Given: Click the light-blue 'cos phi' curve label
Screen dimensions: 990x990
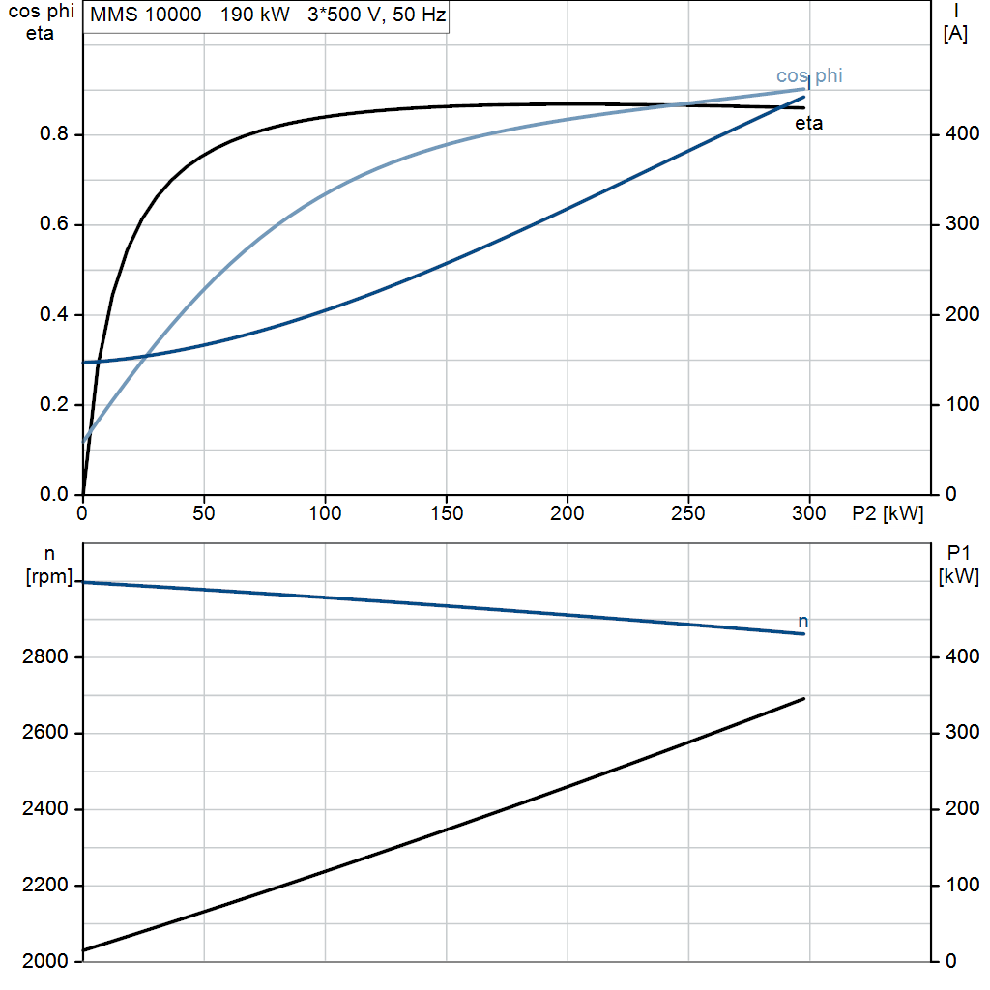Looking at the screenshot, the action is [809, 76].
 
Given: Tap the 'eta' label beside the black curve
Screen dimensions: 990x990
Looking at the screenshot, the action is [808, 123].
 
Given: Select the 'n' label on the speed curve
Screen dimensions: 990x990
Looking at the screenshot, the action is [802, 622].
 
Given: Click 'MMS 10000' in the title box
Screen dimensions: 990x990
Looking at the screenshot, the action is [145, 15].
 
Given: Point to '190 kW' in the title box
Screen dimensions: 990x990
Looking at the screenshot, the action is [254, 15].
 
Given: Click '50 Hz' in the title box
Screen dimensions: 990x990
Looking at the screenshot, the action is [420, 15].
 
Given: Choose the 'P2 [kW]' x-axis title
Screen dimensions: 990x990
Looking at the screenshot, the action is [888, 513].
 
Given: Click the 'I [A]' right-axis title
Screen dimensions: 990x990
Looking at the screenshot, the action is [955, 22].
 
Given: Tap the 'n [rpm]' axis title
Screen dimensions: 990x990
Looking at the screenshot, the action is [49, 565].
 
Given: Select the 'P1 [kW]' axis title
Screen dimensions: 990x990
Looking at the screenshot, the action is [958, 565].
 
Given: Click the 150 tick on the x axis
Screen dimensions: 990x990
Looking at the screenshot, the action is [447, 513].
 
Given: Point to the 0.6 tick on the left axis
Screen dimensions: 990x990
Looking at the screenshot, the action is [54, 224].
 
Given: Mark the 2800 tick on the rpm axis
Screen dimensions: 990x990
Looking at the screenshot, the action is [44, 657].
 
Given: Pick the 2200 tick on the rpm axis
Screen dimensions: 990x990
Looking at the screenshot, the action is [44, 886].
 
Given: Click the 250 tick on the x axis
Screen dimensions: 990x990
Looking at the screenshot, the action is [688, 513].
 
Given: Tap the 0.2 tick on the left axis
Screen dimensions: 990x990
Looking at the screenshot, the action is [54, 404].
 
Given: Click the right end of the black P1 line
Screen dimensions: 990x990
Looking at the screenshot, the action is [804, 698].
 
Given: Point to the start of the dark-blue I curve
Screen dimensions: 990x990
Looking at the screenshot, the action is [83, 363].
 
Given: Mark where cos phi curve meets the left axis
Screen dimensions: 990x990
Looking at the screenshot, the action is [83, 441].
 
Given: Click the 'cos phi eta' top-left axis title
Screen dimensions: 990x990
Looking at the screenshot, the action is [41, 22].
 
